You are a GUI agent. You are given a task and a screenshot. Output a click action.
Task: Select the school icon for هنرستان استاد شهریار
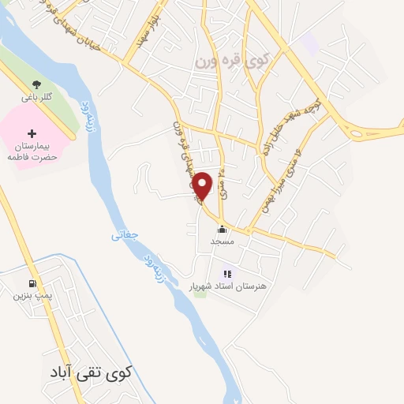click(227, 275)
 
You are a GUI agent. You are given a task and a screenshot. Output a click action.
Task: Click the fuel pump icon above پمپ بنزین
click(31, 282)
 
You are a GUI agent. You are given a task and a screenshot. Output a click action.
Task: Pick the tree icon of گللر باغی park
click(36, 83)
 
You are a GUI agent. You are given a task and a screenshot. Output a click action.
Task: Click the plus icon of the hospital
click(31, 133)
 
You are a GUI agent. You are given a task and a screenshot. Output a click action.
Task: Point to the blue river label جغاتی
click(125, 234)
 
